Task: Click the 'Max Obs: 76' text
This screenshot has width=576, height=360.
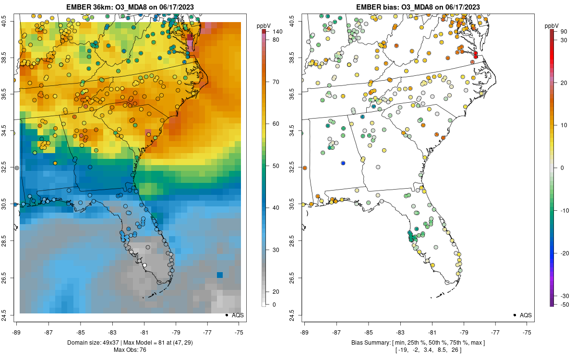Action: (130, 350)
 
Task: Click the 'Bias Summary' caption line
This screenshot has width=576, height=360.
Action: (418, 343)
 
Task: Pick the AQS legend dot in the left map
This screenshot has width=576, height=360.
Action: (226, 315)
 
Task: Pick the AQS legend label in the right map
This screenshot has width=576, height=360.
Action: (526, 315)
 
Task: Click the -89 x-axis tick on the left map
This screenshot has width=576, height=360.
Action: (17, 332)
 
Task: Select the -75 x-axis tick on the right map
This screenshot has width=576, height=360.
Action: (527, 332)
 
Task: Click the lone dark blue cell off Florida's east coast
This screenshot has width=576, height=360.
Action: (220, 275)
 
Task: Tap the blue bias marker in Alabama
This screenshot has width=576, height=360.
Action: (343, 163)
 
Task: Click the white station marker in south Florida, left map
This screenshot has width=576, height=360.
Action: (144, 265)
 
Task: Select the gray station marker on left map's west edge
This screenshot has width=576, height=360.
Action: (17, 168)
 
